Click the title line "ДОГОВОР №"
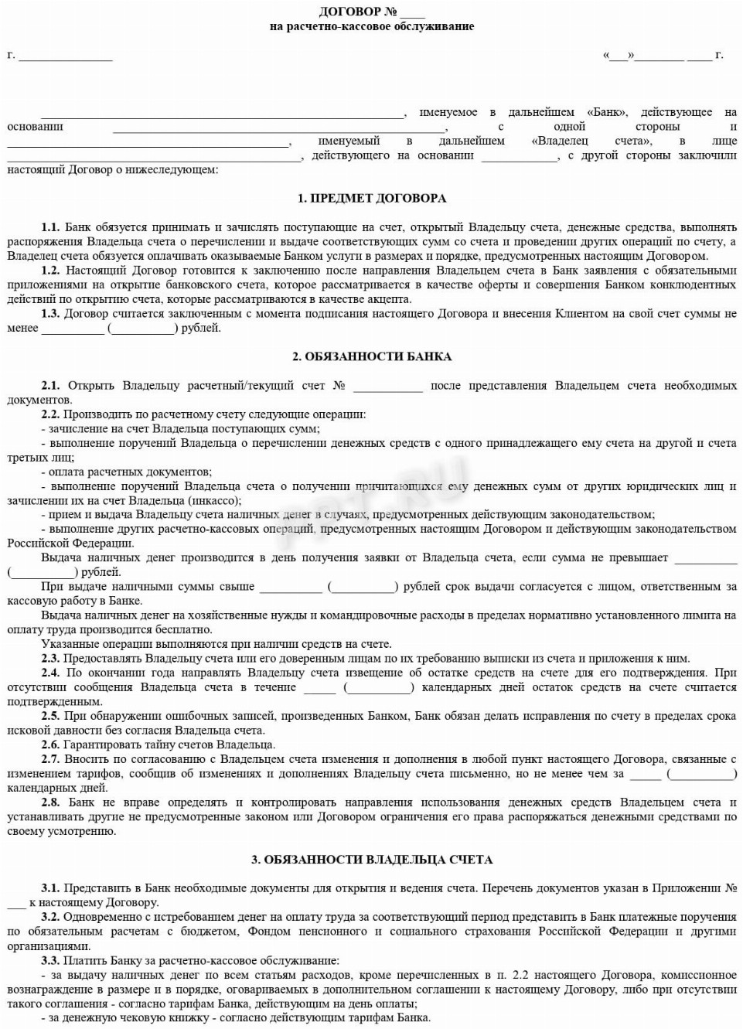350,12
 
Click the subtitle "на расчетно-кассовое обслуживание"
372,26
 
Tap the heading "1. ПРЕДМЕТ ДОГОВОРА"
372,198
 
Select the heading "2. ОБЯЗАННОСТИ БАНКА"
372,356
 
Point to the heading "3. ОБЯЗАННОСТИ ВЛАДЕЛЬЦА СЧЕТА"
372,859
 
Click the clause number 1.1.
50,227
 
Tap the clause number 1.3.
50,314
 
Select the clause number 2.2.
50,414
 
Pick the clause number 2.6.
50,744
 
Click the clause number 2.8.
50,802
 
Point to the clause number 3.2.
50,917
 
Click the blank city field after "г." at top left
66,56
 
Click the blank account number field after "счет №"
388,386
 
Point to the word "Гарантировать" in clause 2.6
100,744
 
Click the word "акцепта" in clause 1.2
390,299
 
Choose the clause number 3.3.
50,960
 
